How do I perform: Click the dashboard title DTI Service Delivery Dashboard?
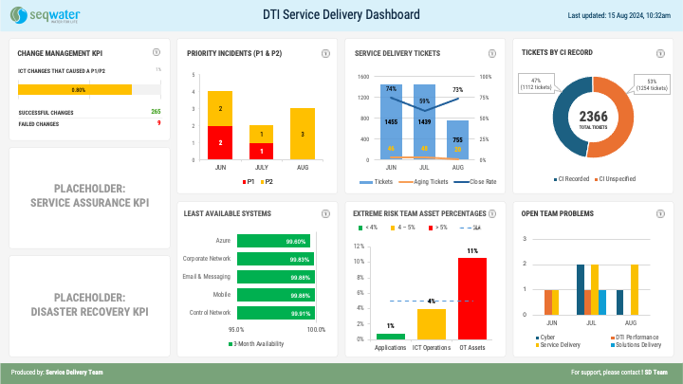pyautogui.click(x=341, y=14)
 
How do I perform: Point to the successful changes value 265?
pyautogui.click(x=156, y=112)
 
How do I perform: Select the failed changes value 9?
pyautogui.click(x=158, y=122)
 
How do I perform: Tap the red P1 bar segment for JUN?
pyautogui.click(x=220, y=142)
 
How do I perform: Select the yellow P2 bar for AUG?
pyautogui.click(x=303, y=134)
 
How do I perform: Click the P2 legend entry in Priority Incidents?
pyautogui.click(x=267, y=181)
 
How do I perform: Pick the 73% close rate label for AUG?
pyautogui.click(x=457, y=89)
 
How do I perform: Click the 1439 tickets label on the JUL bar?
pyautogui.click(x=424, y=122)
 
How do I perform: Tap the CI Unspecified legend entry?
pyautogui.click(x=617, y=178)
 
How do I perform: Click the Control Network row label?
pyautogui.click(x=211, y=312)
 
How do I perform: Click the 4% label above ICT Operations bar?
pyautogui.click(x=432, y=301)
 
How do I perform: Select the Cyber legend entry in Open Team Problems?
pyautogui.click(x=544, y=337)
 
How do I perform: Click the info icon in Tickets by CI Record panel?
pyautogui.click(x=661, y=53)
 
